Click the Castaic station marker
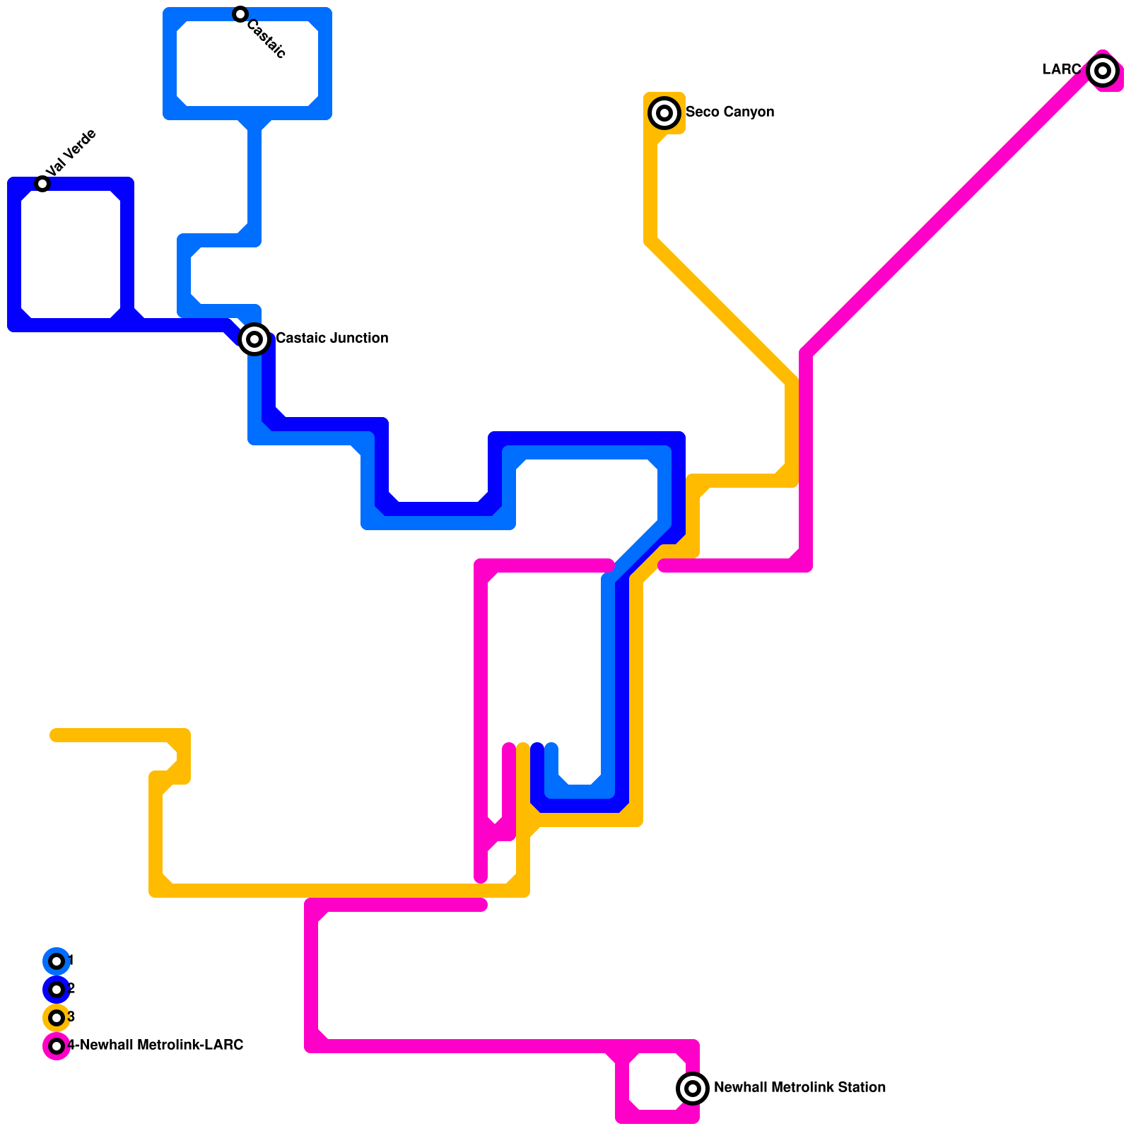(240, 14)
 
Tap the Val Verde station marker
(42, 184)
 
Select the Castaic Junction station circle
(254, 339)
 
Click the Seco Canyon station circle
(664, 113)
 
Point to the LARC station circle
(1103, 71)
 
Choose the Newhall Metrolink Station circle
(693, 1089)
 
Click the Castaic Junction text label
(332, 338)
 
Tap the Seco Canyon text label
(729, 112)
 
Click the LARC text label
(1062, 69)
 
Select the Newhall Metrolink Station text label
(799, 1087)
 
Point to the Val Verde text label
(71, 153)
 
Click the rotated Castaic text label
(266, 40)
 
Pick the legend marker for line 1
(57, 961)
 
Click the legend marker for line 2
(57, 990)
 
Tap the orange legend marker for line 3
(57, 1018)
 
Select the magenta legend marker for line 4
(57, 1046)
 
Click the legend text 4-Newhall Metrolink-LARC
(156, 1045)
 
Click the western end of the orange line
(55, 735)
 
